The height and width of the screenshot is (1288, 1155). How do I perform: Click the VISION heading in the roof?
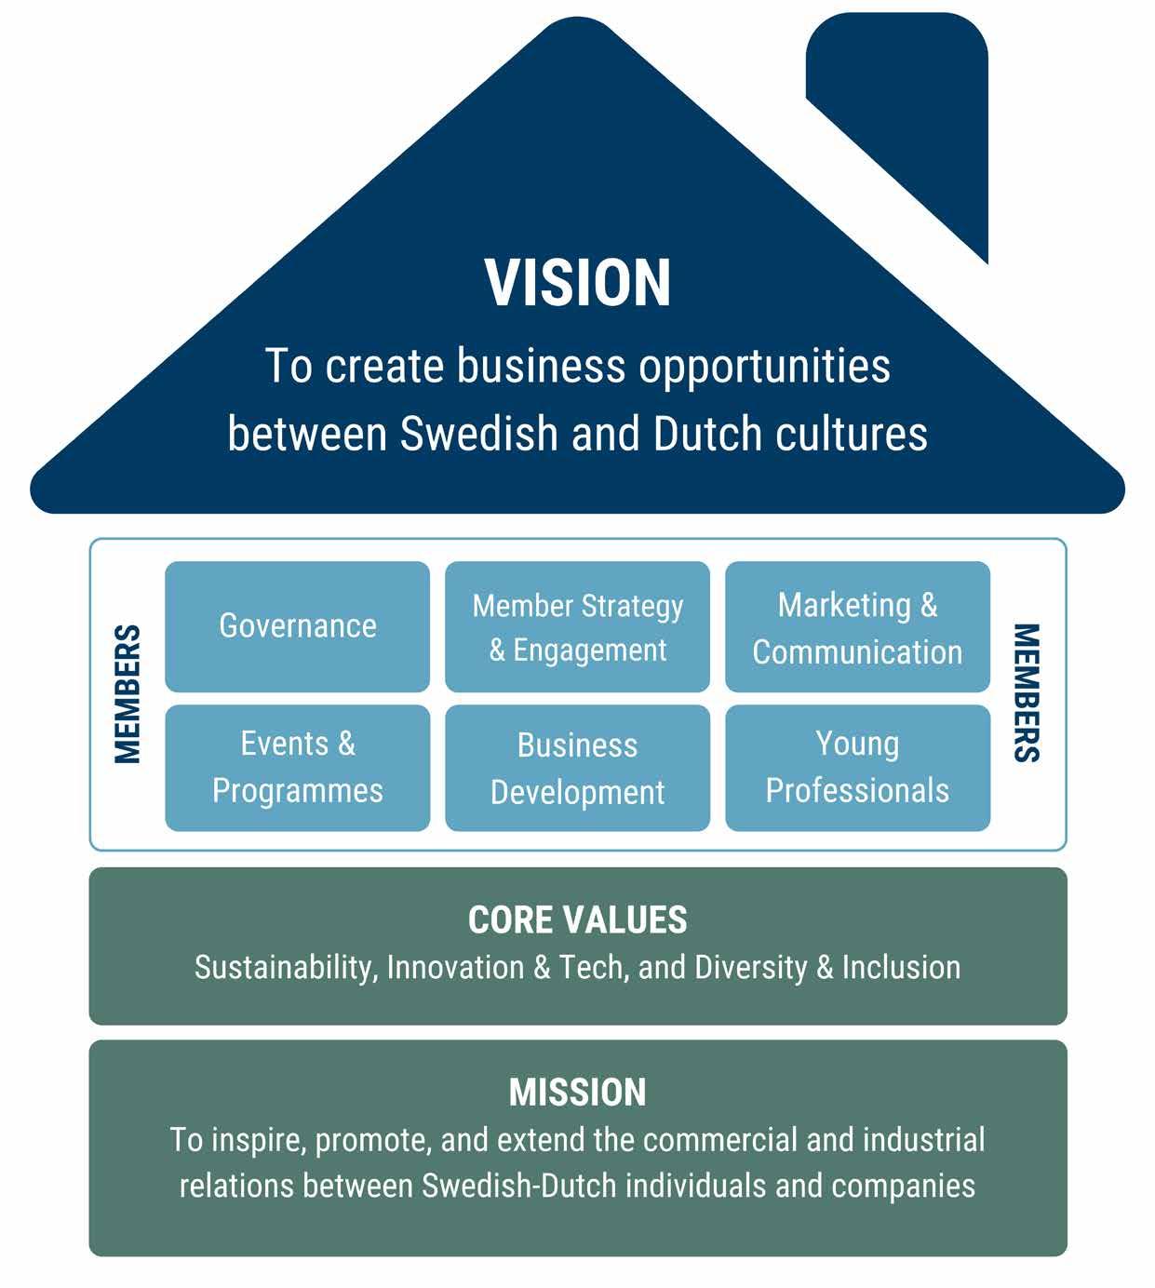577,283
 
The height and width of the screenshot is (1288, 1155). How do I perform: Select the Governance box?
298,626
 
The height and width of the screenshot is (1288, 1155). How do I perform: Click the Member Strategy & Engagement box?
577,626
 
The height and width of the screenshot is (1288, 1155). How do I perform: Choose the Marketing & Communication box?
857,626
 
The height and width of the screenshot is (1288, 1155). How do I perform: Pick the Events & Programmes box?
298,768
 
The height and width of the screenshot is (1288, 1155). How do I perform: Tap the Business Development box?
577,768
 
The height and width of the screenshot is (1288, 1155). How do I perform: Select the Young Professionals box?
857,768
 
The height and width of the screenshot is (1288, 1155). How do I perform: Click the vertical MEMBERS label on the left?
127,694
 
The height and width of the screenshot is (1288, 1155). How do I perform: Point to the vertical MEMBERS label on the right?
1026,692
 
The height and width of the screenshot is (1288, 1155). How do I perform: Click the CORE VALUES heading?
577,920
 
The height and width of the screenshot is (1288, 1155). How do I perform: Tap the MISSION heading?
577,1093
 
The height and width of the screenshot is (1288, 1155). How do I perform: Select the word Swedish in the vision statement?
480,435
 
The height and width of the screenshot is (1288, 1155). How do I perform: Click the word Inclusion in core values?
901,968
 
